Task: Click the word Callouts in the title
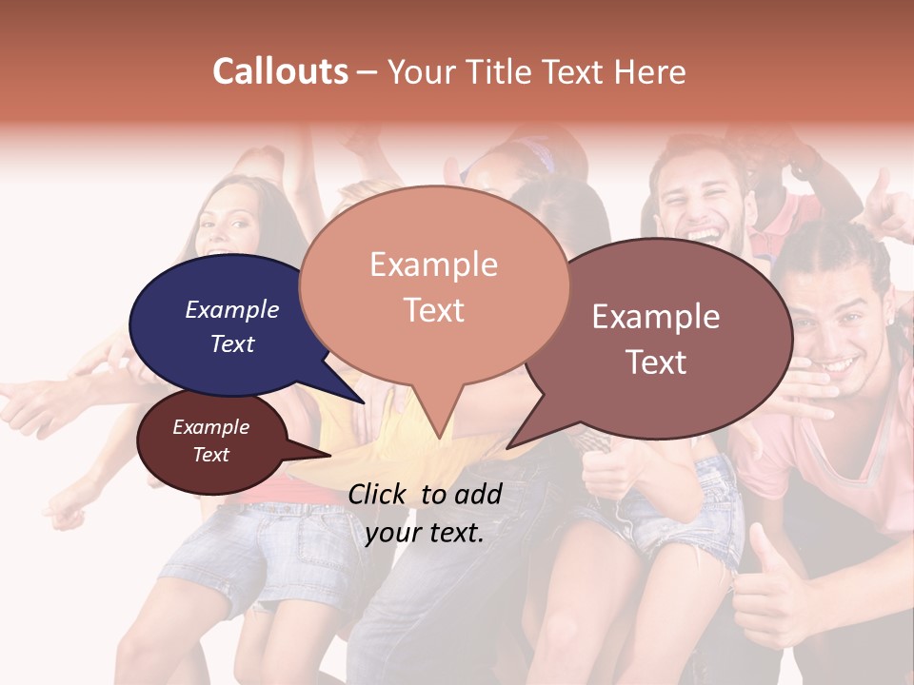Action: (x=280, y=71)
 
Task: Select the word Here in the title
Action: (x=651, y=71)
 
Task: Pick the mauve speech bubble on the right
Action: (x=657, y=339)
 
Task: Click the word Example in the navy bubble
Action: (x=231, y=309)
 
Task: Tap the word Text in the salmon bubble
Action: (x=434, y=310)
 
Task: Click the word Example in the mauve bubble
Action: (x=656, y=317)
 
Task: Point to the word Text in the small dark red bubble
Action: (x=210, y=455)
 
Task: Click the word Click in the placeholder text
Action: (x=378, y=494)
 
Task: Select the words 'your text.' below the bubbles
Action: (x=425, y=533)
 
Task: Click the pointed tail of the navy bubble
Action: (x=357, y=395)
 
